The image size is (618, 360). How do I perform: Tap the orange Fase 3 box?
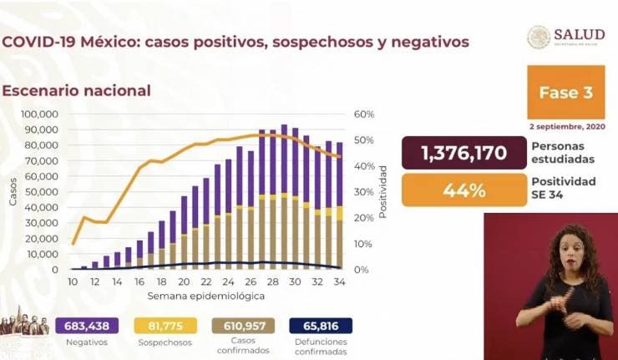coord(565,92)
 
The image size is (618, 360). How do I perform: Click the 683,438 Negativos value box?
coord(87,326)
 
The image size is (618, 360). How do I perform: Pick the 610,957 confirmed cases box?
coord(247,326)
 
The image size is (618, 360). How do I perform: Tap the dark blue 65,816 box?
coord(322,326)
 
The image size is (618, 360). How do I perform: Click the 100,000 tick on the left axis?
coord(39,114)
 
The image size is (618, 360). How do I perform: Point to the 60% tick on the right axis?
coord(363,114)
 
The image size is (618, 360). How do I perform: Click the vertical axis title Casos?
coord(13,192)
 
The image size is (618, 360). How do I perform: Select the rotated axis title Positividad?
coord(383,191)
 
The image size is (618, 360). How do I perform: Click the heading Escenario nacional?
coord(76,90)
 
